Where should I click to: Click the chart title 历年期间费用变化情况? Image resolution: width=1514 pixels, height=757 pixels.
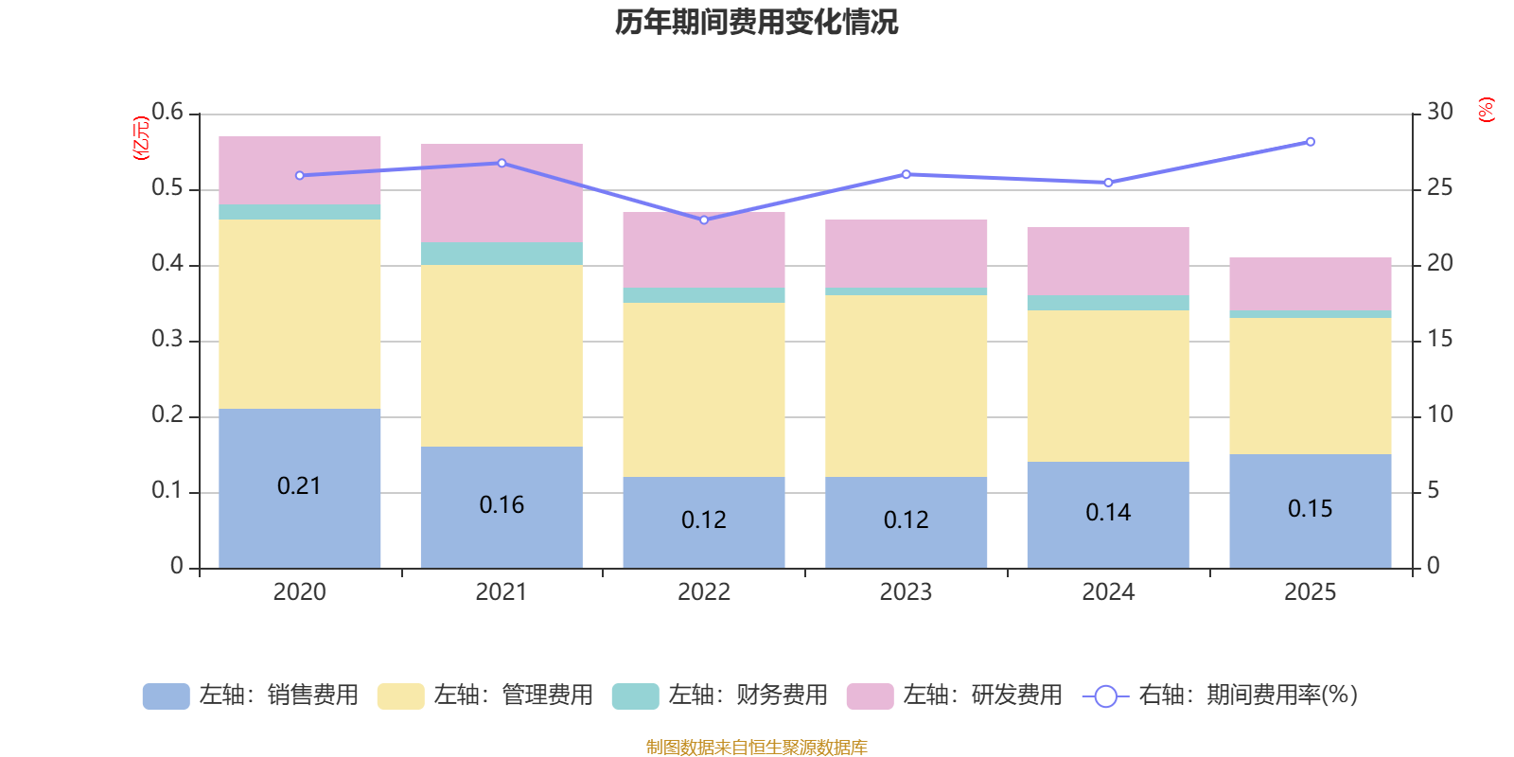(x=756, y=22)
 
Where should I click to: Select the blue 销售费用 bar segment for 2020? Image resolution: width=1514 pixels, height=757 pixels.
(x=299, y=530)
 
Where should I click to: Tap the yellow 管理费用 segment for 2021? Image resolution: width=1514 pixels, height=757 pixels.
(x=502, y=355)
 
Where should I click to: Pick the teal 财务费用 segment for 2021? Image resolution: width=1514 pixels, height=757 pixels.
(x=502, y=254)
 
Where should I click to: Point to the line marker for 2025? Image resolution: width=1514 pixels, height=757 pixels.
(x=1311, y=142)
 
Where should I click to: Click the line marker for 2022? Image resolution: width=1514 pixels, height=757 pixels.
(x=704, y=220)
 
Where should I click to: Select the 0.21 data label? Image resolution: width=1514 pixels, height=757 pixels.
(x=299, y=486)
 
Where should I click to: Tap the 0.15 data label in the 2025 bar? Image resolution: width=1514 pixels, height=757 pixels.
(x=1311, y=509)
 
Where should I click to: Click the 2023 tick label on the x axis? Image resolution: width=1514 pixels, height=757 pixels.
(x=906, y=592)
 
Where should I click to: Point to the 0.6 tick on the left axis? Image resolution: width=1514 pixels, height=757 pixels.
(x=167, y=113)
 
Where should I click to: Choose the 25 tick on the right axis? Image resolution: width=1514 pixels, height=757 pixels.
(x=1439, y=188)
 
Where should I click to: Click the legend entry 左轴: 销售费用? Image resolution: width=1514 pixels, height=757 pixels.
(x=251, y=695)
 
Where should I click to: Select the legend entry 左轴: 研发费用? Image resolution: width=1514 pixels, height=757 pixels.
(x=955, y=695)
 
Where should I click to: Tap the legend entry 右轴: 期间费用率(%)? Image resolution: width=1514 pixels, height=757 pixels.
(x=1221, y=695)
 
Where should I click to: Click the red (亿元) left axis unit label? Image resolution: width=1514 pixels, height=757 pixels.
(x=142, y=138)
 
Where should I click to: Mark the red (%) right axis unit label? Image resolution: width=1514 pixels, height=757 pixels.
(x=1486, y=110)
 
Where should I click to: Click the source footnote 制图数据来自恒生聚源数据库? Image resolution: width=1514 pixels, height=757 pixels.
(x=756, y=748)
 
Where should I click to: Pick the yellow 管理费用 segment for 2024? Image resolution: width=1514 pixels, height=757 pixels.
(x=1108, y=386)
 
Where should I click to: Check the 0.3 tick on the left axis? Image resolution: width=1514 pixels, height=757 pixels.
(x=167, y=340)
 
